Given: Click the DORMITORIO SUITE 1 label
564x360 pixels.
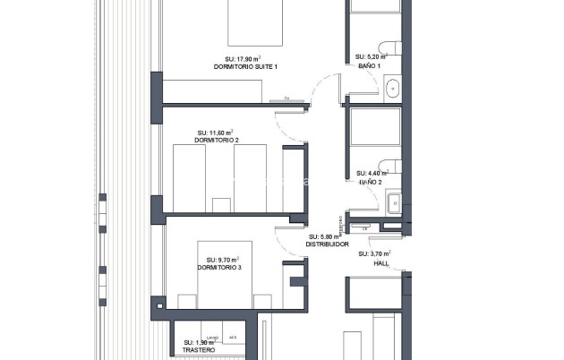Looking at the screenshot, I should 246,67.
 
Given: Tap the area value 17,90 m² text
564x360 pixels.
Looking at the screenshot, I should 246,59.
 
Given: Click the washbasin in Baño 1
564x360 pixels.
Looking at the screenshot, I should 394,88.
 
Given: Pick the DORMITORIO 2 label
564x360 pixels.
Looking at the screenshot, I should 217,141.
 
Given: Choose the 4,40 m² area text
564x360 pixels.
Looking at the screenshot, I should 371,173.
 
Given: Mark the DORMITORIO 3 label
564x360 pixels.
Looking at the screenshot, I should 219,268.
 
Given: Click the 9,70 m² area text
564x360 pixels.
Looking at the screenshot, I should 219,260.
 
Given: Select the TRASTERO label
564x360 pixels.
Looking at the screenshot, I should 199,349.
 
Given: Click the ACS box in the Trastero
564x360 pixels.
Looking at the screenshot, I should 233,338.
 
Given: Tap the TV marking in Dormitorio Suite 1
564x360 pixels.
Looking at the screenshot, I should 286,99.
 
